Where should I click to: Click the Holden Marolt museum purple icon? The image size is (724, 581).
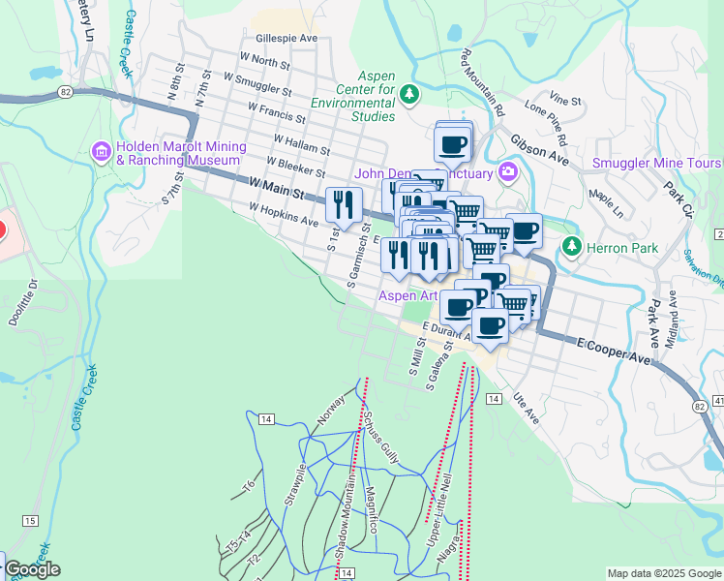pos(102,151)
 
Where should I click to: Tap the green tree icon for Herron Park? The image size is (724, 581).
pos(572,247)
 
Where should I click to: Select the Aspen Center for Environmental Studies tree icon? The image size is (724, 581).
pos(409,93)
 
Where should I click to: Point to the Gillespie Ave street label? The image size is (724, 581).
pos(287,39)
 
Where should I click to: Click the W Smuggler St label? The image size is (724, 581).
pos(257,83)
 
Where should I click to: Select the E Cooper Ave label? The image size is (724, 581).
pos(616,351)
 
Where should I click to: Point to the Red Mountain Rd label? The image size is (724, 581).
pos(483,83)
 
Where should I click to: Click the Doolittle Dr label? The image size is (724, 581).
pos(22,303)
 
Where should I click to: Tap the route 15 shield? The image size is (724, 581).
pos(30,521)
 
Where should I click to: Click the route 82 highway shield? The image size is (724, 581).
pos(66,91)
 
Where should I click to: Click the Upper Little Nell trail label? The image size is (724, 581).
pos(441,504)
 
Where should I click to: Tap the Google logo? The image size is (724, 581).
pos(31,569)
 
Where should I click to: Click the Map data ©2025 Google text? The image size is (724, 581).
pos(664,572)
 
